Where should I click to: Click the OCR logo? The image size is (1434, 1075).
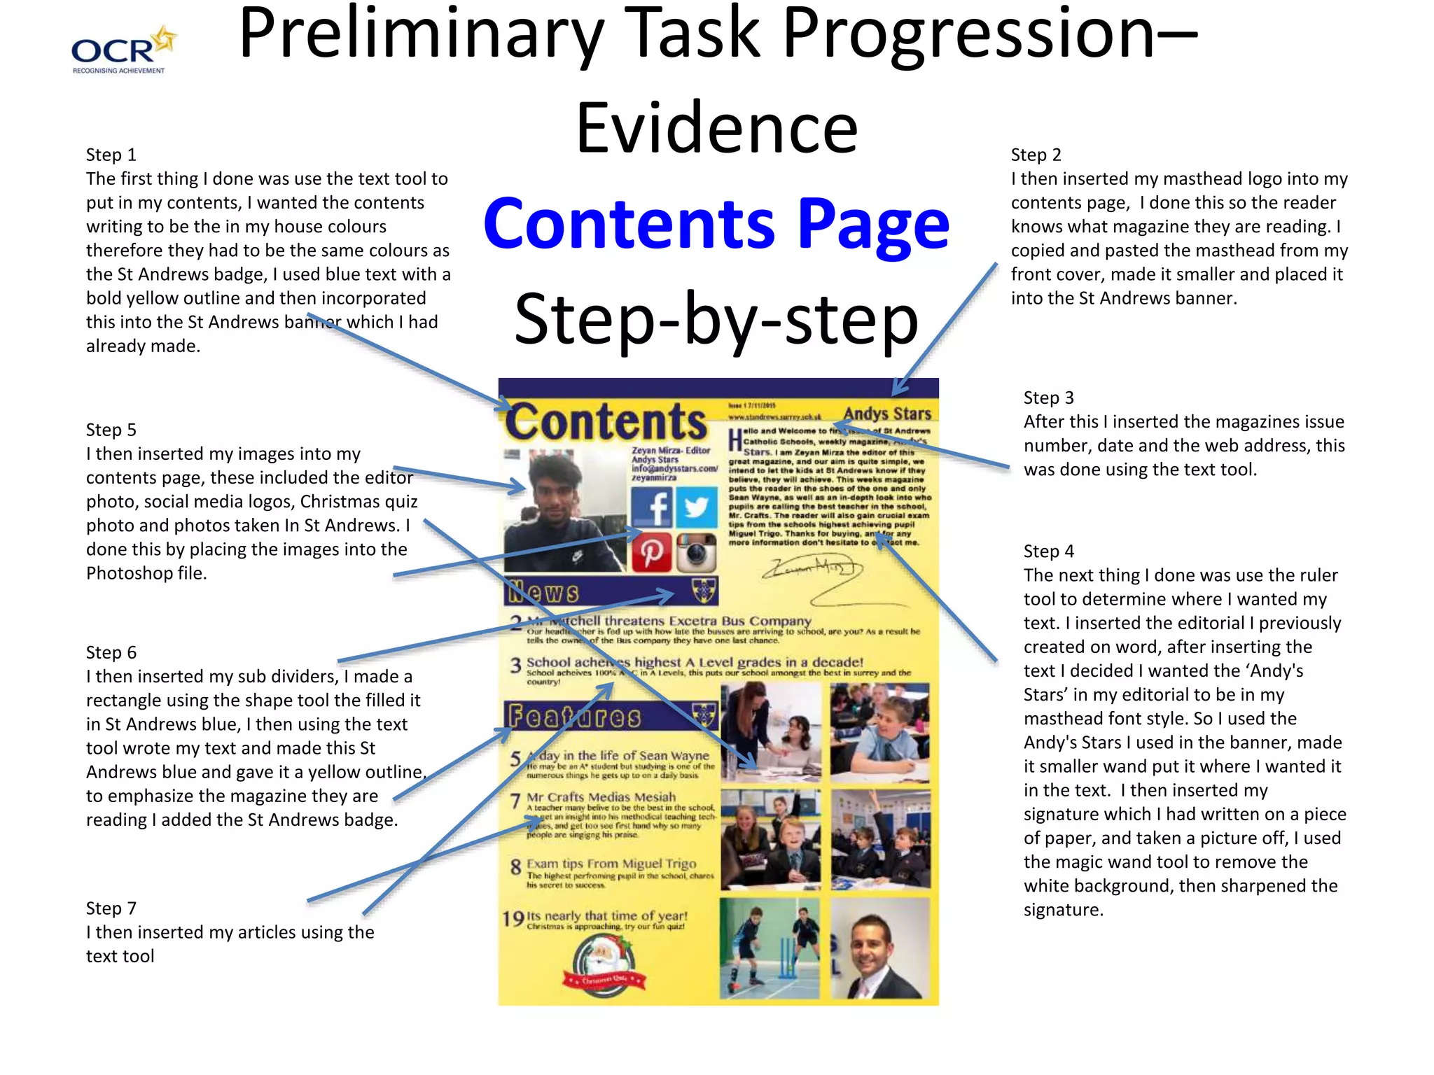click(123, 50)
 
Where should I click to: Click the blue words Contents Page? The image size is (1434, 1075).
click(716, 223)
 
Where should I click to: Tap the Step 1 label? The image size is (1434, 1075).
click(111, 155)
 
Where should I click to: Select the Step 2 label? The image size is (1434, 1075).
click(1036, 155)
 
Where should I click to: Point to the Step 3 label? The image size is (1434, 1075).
click(1048, 398)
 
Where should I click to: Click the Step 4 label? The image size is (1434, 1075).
click(1048, 551)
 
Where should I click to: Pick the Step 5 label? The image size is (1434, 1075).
click(111, 430)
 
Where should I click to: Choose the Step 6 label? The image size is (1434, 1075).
click(111, 652)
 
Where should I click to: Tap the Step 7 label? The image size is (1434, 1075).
click(111, 908)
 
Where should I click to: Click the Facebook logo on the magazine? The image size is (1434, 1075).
click(651, 507)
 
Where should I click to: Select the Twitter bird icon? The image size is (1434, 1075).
click(696, 507)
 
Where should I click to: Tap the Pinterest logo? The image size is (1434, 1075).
click(651, 552)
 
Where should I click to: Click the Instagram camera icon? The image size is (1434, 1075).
click(696, 552)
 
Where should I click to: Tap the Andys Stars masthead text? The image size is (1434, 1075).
click(887, 414)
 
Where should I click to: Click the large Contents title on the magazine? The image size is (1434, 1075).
click(606, 421)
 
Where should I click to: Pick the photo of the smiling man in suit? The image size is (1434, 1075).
click(879, 950)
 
